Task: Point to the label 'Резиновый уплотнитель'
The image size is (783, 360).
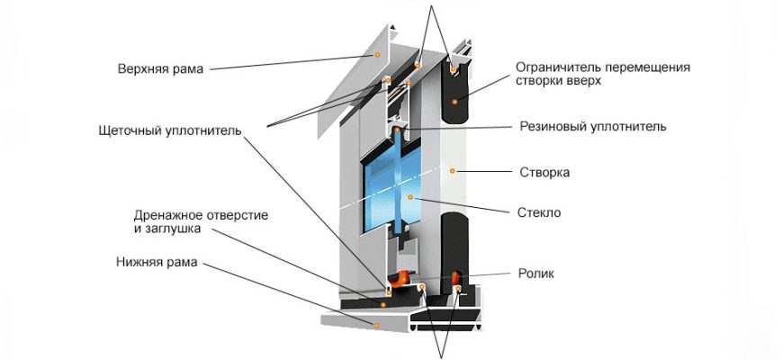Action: point(593,127)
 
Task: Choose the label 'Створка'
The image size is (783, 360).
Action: point(545,171)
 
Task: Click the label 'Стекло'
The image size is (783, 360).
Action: point(540,213)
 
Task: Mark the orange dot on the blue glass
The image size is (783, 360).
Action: point(409,196)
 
